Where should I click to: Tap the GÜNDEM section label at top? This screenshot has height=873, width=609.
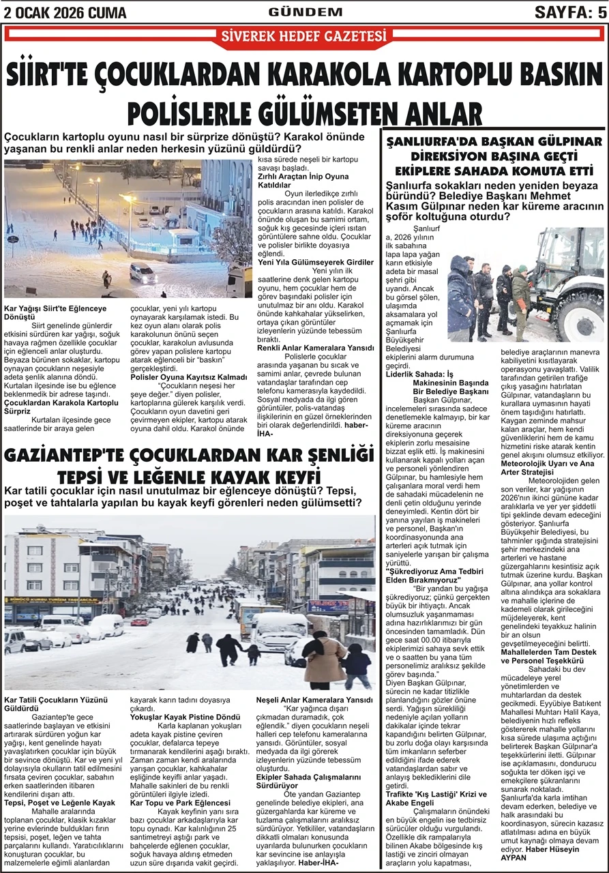click(304, 11)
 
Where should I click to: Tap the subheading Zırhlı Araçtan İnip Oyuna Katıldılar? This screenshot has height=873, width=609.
click(303, 180)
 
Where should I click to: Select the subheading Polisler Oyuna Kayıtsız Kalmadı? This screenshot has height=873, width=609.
click(188, 376)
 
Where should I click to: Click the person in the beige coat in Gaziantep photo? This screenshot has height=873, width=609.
click(325, 658)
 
